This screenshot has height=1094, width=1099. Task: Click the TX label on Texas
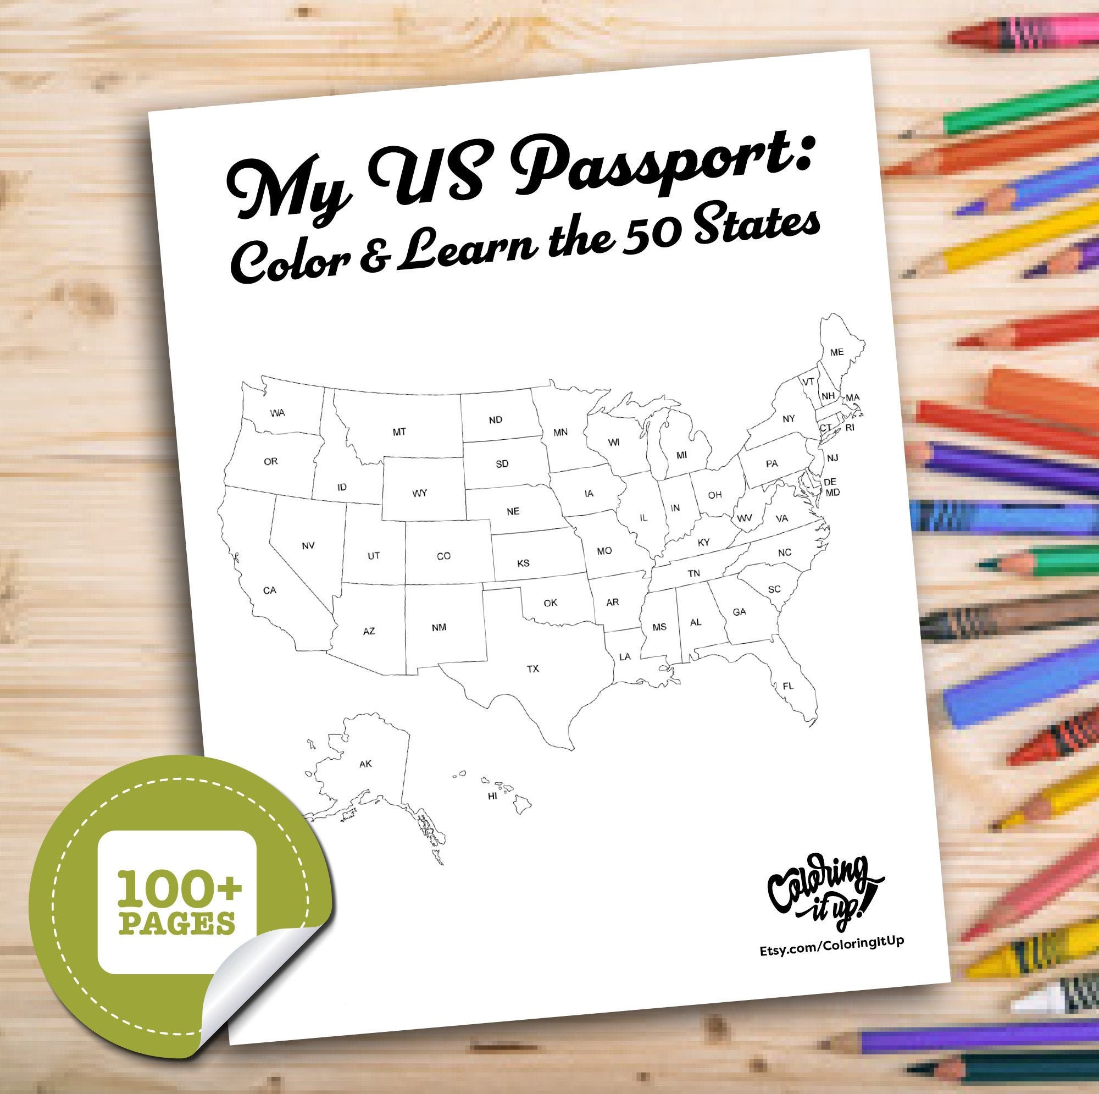coord(532,669)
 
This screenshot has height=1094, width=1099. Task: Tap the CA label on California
coord(270,591)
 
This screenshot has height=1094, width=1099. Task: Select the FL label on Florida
coord(787,686)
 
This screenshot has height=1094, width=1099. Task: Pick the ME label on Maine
coord(837,352)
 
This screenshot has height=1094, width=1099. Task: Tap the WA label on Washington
coord(277,413)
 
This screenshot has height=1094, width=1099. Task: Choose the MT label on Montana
coord(399,432)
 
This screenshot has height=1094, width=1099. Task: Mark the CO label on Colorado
coord(443,556)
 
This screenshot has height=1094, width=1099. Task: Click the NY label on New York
coord(789,419)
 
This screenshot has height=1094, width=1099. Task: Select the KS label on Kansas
coord(523,563)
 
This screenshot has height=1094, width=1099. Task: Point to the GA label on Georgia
coord(739,612)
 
